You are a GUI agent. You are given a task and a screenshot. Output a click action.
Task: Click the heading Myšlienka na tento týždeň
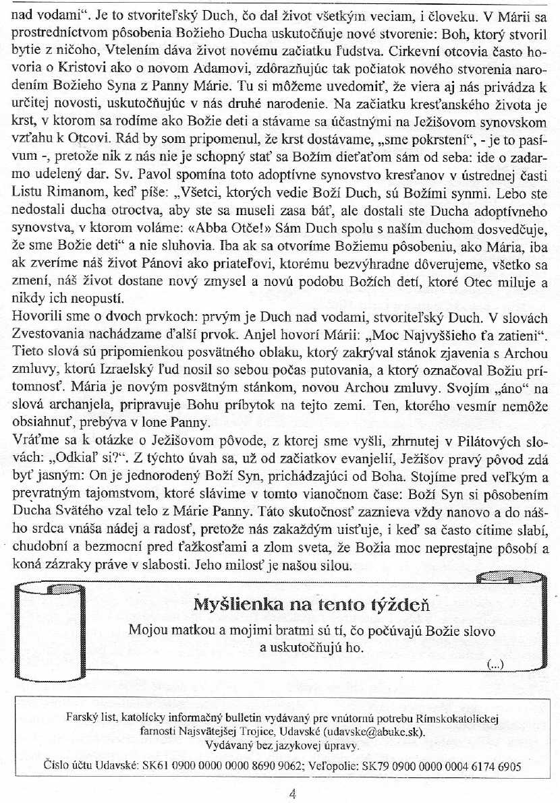pyautogui.click(x=311, y=604)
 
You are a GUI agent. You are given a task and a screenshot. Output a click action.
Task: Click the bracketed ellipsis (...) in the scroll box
pyautogui.click(x=495, y=665)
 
